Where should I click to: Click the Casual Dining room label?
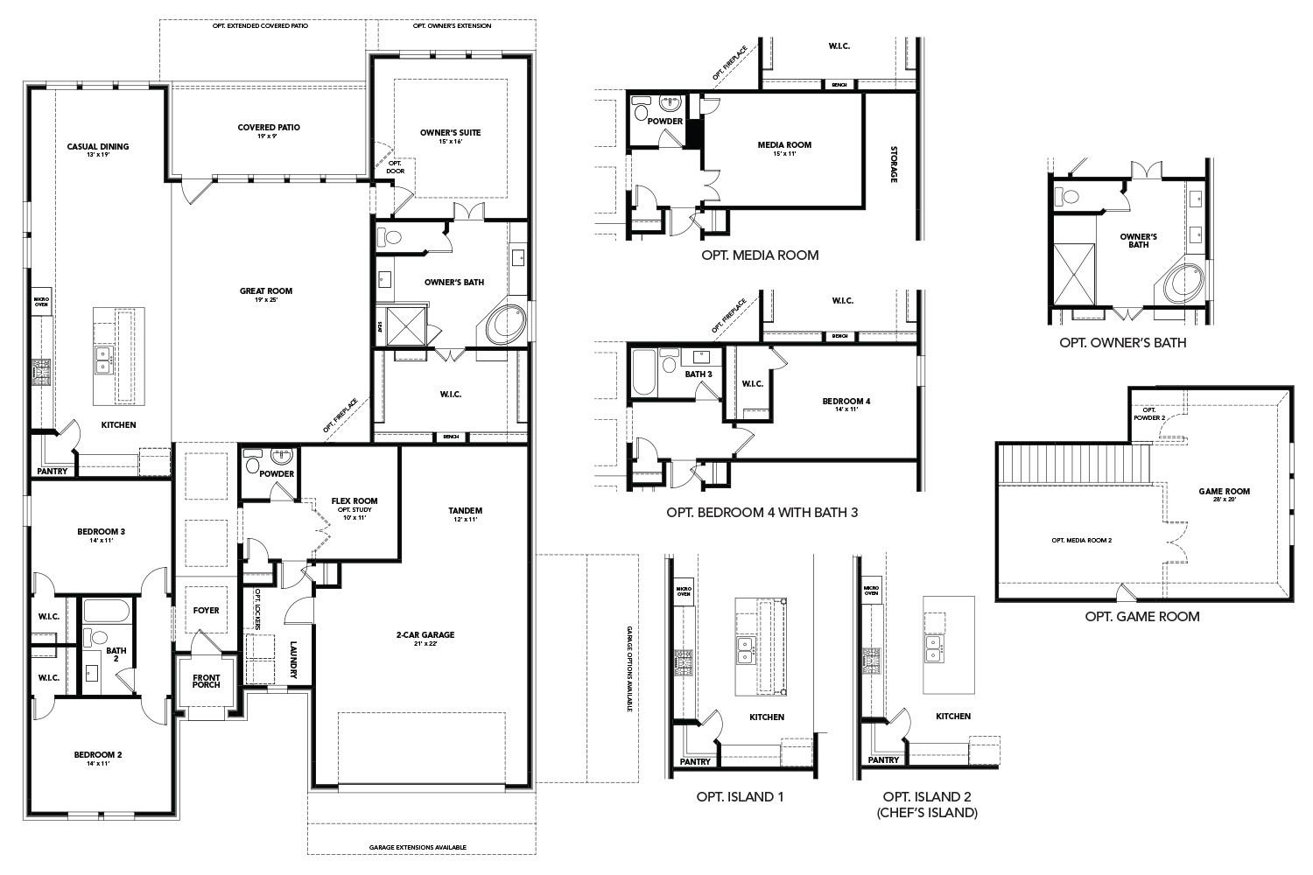[97, 147]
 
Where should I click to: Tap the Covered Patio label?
[269, 128]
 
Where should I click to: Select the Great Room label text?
[266, 291]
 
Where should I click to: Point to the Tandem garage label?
[465, 511]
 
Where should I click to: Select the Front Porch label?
[207, 680]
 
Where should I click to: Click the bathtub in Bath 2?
[107, 611]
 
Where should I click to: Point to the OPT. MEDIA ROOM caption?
[759, 255]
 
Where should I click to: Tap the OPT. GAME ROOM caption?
[1141, 616]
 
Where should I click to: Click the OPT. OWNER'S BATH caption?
[1122, 343]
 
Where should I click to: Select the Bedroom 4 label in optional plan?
[846, 402]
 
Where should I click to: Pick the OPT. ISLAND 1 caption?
[740, 797]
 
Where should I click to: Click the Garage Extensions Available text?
[418, 848]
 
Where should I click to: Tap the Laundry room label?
[295, 660]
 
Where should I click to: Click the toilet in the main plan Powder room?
[253, 464]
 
